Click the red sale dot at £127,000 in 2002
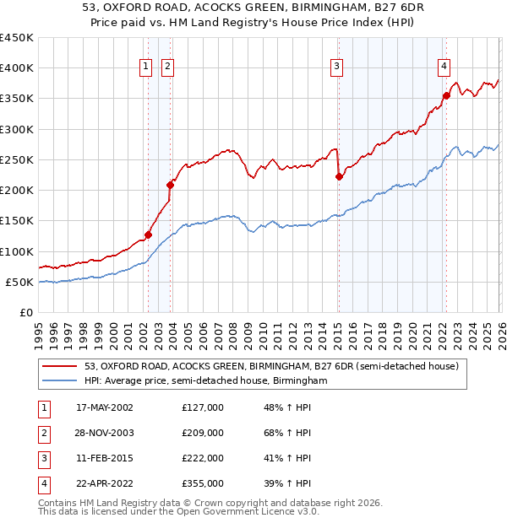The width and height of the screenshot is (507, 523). pos(148,235)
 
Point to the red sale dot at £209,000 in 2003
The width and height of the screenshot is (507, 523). pos(171,185)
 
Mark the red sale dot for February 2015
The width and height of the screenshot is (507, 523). pos(339,176)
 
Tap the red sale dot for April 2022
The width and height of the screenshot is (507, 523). pos(446,95)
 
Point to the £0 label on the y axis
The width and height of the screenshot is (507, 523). pos(25,312)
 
